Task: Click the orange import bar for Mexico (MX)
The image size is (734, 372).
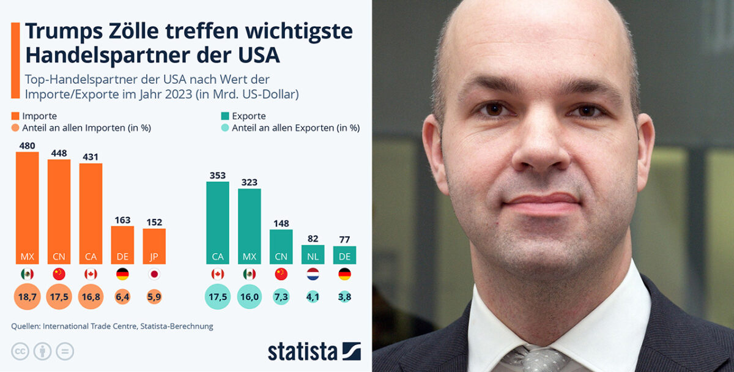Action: pyautogui.click(x=27, y=208)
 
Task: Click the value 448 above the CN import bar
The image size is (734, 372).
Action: pyautogui.click(x=59, y=153)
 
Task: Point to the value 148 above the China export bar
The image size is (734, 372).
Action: pyautogui.click(x=281, y=223)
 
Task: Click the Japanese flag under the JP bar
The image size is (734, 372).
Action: pyautogui.click(x=154, y=274)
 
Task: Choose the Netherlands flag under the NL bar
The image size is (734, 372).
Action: pyautogui.click(x=313, y=274)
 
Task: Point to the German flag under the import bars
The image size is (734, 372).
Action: pyautogui.click(x=122, y=274)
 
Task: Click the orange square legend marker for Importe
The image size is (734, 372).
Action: pyautogui.click(x=15, y=116)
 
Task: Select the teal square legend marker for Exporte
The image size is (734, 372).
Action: pyautogui.click(x=225, y=116)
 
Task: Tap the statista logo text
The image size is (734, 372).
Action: pyautogui.click(x=303, y=351)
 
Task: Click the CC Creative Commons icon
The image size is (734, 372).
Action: pyautogui.click(x=20, y=351)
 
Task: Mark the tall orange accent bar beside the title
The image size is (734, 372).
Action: pyautogui.click(x=15, y=59)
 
